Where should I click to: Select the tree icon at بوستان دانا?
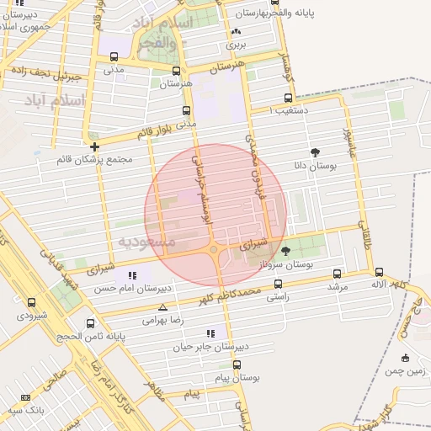point(315,152)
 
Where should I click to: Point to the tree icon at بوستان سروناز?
point(285,250)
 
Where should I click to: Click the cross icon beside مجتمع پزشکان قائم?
point(94,146)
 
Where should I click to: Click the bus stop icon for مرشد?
point(338,274)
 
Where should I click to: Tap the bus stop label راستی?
point(279,297)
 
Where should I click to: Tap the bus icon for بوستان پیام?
point(237,364)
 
